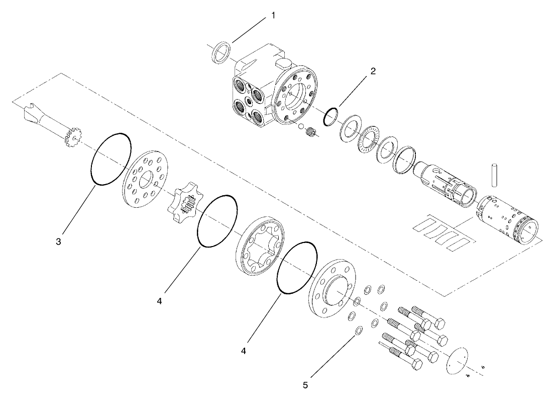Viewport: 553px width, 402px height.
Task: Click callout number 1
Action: (x=273, y=16)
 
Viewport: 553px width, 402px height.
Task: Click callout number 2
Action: (x=372, y=71)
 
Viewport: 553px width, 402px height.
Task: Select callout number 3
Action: (x=59, y=242)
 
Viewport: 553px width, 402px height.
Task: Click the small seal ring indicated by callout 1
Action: (x=222, y=53)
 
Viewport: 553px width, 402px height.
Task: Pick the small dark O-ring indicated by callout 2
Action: (x=329, y=116)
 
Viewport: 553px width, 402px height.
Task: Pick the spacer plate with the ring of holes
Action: (x=146, y=178)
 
